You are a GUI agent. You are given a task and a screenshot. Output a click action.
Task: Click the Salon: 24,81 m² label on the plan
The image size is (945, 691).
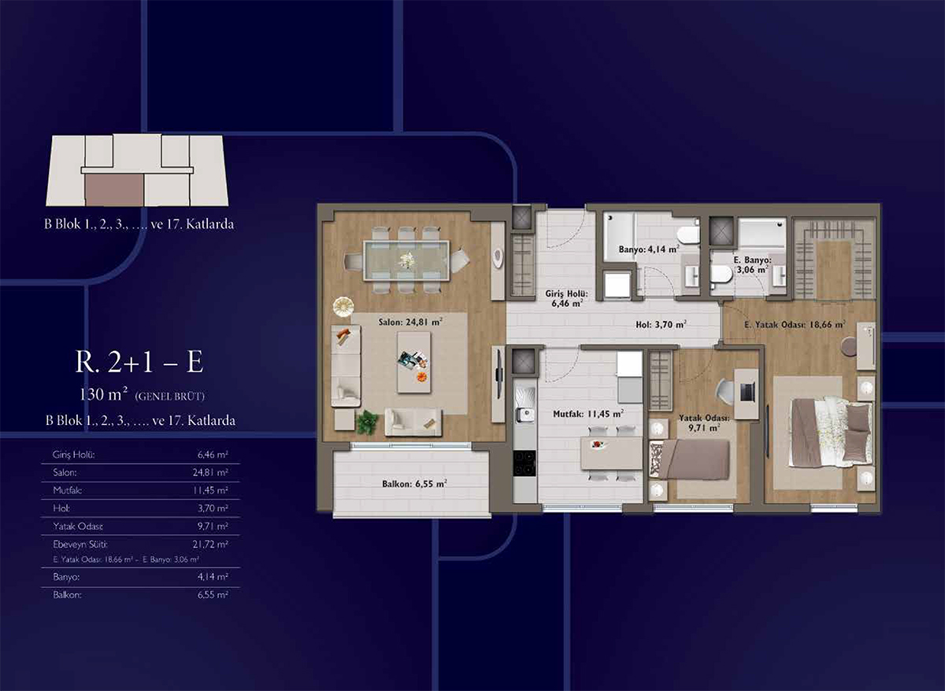pyautogui.click(x=410, y=322)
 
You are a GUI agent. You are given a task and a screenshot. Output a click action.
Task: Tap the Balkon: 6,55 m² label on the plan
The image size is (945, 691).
pyautogui.click(x=414, y=483)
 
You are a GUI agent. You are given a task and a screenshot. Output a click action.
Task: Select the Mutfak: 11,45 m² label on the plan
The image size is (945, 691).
pyautogui.click(x=588, y=414)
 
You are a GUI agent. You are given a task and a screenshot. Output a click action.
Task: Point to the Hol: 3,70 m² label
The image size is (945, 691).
pyautogui.click(x=661, y=324)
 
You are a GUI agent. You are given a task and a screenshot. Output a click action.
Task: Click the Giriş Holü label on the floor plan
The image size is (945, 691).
pyautogui.click(x=566, y=294)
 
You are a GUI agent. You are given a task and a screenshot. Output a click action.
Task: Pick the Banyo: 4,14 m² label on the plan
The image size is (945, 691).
pyautogui.click(x=649, y=249)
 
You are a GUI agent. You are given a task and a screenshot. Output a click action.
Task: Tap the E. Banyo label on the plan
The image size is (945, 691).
pyautogui.click(x=752, y=261)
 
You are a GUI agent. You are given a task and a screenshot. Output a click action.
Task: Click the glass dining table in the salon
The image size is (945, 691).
pyautogui.click(x=406, y=261)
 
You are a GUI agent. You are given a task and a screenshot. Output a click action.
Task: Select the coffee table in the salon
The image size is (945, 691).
pyautogui.click(x=414, y=362)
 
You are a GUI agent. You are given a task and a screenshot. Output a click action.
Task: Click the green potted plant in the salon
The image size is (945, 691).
pyautogui.click(x=367, y=423)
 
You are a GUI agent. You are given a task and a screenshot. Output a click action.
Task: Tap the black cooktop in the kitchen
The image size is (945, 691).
pyautogui.click(x=524, y=463)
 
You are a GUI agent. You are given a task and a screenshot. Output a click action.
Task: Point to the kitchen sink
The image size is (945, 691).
pyautogui.click(x=524, y=415)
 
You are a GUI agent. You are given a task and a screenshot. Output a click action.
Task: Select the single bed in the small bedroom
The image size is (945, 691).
pyautogui.click(x=689, y=460)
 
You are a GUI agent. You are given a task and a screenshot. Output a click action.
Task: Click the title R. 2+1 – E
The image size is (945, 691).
pyautogui.click(x=139, y=362)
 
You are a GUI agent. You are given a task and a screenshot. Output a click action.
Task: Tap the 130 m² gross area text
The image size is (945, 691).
pyautogui.click(x=103, y=394)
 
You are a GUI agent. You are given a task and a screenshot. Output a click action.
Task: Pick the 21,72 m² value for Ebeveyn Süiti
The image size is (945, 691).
pyautogui.click(x=210, y=545)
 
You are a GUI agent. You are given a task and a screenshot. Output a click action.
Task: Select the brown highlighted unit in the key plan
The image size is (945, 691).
pyautogui.click(x=114, y=190)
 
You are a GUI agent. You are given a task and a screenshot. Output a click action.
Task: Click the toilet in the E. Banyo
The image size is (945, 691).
pyautogui.click(x=721, y=275)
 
